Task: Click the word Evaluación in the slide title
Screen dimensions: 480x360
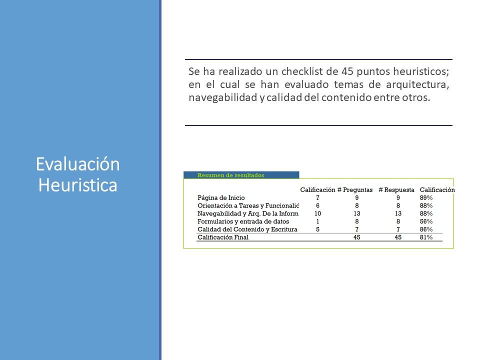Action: [78, 164]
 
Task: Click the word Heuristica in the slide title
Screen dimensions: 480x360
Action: [78, 185]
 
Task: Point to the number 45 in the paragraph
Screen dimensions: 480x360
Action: [347, 71]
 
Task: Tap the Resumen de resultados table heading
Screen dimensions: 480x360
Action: [231, 175]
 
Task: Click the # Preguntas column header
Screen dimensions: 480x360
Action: [355, 190]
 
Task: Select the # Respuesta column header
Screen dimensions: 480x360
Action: [396, 190]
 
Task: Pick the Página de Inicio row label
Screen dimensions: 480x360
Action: [221, 198]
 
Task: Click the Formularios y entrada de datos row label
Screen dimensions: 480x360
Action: [243, 221]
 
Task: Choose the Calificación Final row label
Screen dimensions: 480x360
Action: [223, 237]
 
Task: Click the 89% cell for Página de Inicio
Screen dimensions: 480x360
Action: [426, 198]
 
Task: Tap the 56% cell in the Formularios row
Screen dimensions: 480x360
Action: [426, 221]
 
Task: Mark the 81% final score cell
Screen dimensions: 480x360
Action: [426, 237]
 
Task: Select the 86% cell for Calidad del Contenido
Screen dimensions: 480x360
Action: [426, 229]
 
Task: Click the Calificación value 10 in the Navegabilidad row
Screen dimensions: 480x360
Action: [318, 213]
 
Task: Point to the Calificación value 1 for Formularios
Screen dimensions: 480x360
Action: [318, 221]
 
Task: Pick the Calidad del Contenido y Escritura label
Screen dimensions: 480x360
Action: [247, 229]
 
